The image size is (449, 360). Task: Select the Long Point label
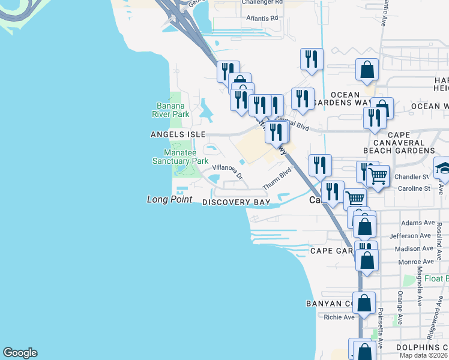tap(169, 199)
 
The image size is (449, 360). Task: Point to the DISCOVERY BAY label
tap(236, 203)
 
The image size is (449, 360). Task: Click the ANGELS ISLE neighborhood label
tap(178, 134)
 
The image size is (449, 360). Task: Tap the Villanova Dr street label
tap(228, 172)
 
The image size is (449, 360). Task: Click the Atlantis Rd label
tap(262, 18)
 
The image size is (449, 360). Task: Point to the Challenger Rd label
tap(261, 2)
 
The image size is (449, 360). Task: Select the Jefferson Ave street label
tap(411, 236)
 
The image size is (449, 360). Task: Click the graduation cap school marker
tap(442, 169)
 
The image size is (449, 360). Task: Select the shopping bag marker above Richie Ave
tap(364, 303)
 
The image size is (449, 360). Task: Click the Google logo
tap(20, 353)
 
